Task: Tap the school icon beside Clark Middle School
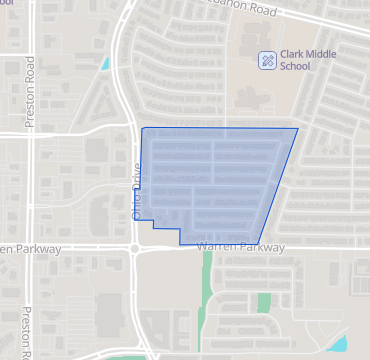point(266,60)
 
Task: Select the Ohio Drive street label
point(137,185)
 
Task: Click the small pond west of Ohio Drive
point(105,63)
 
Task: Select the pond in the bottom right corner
point(338,344)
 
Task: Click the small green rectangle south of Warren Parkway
point(264,302)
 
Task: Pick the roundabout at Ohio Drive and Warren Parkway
point(134,248)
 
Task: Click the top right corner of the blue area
point(297,129)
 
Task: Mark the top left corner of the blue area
point(142,129)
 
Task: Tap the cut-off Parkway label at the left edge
point(30,248)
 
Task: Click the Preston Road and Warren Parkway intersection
point(32,248)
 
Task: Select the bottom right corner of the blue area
point(258,244)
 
